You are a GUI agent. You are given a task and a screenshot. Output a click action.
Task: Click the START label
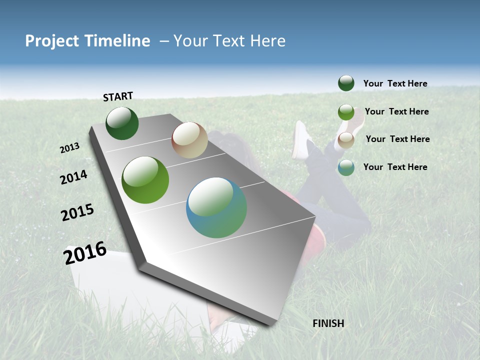118,96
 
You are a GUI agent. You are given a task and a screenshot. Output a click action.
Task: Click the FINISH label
328,323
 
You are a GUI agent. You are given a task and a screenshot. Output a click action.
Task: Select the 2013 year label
69,148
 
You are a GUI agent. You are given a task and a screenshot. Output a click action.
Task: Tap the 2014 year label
73,177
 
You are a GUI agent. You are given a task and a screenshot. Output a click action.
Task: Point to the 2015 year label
77,212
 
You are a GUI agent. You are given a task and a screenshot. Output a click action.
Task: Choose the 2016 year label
85,253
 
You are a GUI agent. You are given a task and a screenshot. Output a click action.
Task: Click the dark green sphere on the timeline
122,123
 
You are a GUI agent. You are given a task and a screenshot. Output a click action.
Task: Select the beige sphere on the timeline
189,140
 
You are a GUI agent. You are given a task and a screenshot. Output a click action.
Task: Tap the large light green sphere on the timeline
145,180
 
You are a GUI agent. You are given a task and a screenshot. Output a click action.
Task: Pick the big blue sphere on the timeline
216,207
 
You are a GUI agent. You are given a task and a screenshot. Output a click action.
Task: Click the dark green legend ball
346,83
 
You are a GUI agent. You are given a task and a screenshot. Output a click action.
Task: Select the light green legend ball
346,112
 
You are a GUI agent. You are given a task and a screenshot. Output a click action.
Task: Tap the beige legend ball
346,139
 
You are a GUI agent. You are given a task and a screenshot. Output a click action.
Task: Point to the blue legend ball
346,167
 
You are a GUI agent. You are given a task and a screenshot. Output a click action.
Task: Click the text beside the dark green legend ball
395,83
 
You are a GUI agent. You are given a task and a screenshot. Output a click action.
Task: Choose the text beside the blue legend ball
395,167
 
